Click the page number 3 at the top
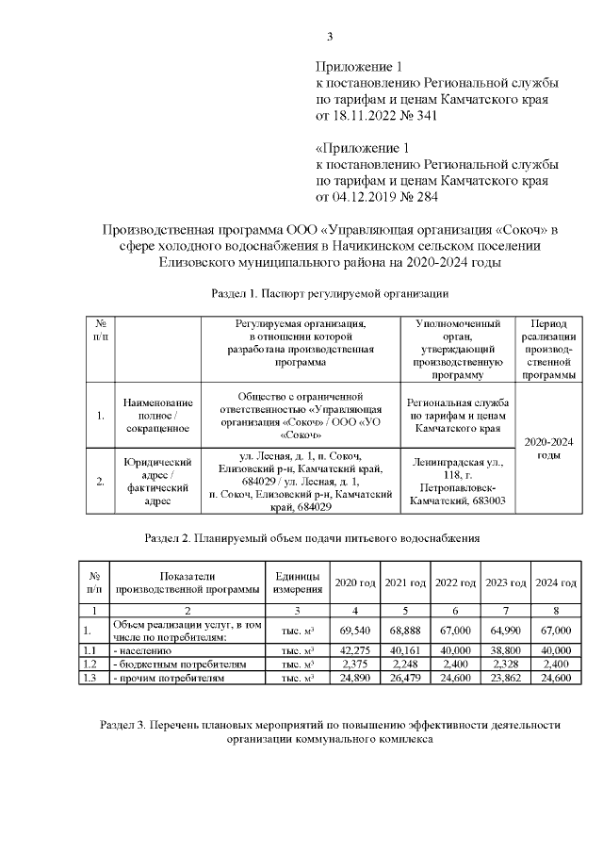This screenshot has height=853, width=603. click(329, 38)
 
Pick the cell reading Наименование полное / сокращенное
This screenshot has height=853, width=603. click(158, 415)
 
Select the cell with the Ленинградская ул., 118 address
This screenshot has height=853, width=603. click(457, 482)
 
